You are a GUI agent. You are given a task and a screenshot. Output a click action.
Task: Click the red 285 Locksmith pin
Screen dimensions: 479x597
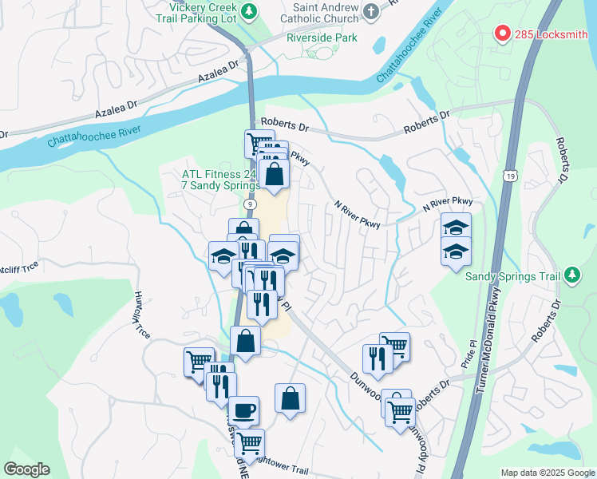(502, 34)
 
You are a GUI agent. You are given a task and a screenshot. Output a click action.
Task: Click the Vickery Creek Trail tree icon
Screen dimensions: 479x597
(250, 11)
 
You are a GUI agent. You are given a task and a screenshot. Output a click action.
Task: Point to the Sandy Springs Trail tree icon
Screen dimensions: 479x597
(571, 275)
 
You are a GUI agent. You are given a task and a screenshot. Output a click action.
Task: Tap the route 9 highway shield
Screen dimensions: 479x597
(251, 205)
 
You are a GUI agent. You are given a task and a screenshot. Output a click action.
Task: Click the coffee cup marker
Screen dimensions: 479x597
(243, 410)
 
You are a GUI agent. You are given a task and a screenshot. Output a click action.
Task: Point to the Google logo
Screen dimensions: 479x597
(26, 470)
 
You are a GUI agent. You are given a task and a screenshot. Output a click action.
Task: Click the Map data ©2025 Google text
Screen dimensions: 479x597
(547, 473)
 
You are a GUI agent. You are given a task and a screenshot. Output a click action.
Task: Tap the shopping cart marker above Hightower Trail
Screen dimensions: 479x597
(250, 441)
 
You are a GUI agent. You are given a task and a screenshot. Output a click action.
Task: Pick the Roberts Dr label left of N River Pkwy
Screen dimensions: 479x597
(284, 126)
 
